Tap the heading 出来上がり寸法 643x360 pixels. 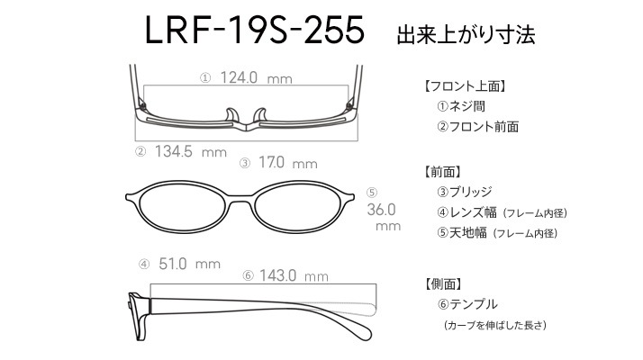click(466, 35)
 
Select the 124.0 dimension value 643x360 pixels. click(240, 78)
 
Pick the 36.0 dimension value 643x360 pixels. click(383, 209)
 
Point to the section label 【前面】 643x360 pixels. click(442, 171)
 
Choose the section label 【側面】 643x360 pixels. click(442, 284)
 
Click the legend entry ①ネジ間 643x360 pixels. click(462, 107)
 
